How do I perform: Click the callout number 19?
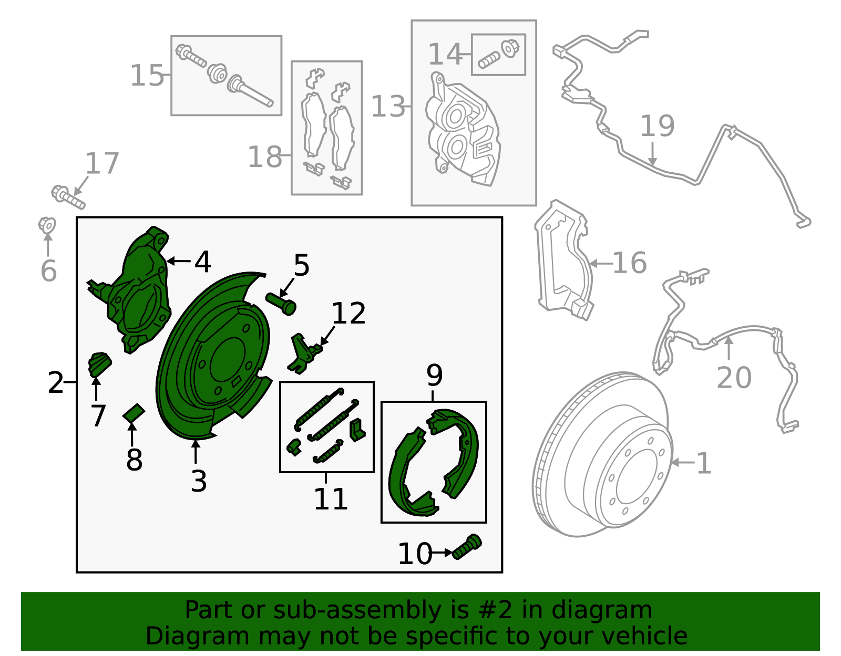[x=657, y=126]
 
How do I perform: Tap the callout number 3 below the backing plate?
[x=199, y=481]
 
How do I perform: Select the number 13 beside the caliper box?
[x=388, y=107]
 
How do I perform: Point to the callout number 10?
[x=415, y=554]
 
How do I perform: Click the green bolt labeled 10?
[x=467, y=547]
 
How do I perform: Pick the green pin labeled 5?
[x=281, y=304]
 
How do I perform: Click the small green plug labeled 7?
[x=100, y=364]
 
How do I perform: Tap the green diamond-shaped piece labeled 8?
[x=134, y=413]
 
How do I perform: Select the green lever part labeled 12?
[x=304, y=354]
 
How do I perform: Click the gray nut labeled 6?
[x=47, y=225]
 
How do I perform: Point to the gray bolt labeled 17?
[x=68, y=197]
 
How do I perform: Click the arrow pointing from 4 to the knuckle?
[x=178, y=262]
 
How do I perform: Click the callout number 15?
[x=147, y=76]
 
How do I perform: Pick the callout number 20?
[x=734, y=378]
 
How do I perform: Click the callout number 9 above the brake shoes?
[x=434, y=375]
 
